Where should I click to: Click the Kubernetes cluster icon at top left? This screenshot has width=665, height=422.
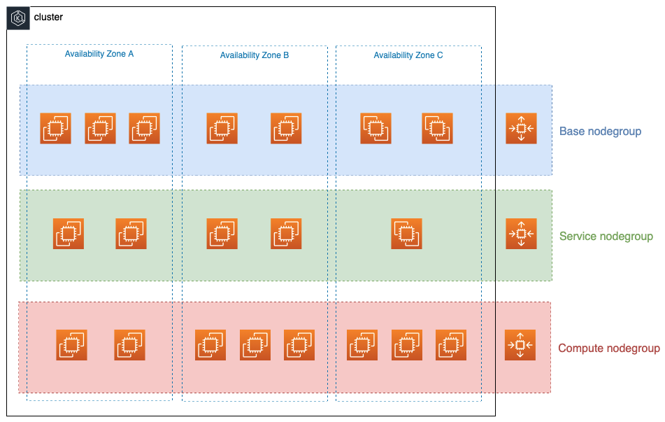pos(19,18)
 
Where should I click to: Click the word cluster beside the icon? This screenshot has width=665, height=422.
pos(48,17)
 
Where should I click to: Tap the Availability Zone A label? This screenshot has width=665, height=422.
pos(99,54)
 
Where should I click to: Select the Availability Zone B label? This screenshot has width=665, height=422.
pos(255,55)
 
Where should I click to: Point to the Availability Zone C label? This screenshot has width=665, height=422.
pos(408,55)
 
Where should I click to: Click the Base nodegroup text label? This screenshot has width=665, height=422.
pos(600,132)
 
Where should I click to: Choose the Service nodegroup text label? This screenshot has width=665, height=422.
pos(606,237)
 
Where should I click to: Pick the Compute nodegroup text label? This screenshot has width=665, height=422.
pos(608,349)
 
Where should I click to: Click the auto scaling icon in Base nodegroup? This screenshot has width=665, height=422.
pos(521,128)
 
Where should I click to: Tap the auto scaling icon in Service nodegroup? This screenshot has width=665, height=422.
pos(521,234)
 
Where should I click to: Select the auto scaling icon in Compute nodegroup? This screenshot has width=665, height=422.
pos(520,345)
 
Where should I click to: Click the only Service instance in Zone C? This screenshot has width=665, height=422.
pos(407,234)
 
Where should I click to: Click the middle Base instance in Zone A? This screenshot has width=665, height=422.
pos(101,128)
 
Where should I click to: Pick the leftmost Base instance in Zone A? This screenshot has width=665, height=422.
pos(56,128)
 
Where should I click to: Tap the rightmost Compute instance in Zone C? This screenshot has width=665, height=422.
pos(451,345)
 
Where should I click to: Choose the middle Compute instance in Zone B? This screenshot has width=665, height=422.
pos(255,345)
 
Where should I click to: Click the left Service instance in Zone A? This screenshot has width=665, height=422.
pos(69,234)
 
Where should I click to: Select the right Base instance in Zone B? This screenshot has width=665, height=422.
pos(287,128)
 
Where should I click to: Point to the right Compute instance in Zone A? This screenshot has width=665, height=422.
pos(130,345)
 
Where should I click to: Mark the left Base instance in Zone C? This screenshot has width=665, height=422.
pos(376,128)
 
